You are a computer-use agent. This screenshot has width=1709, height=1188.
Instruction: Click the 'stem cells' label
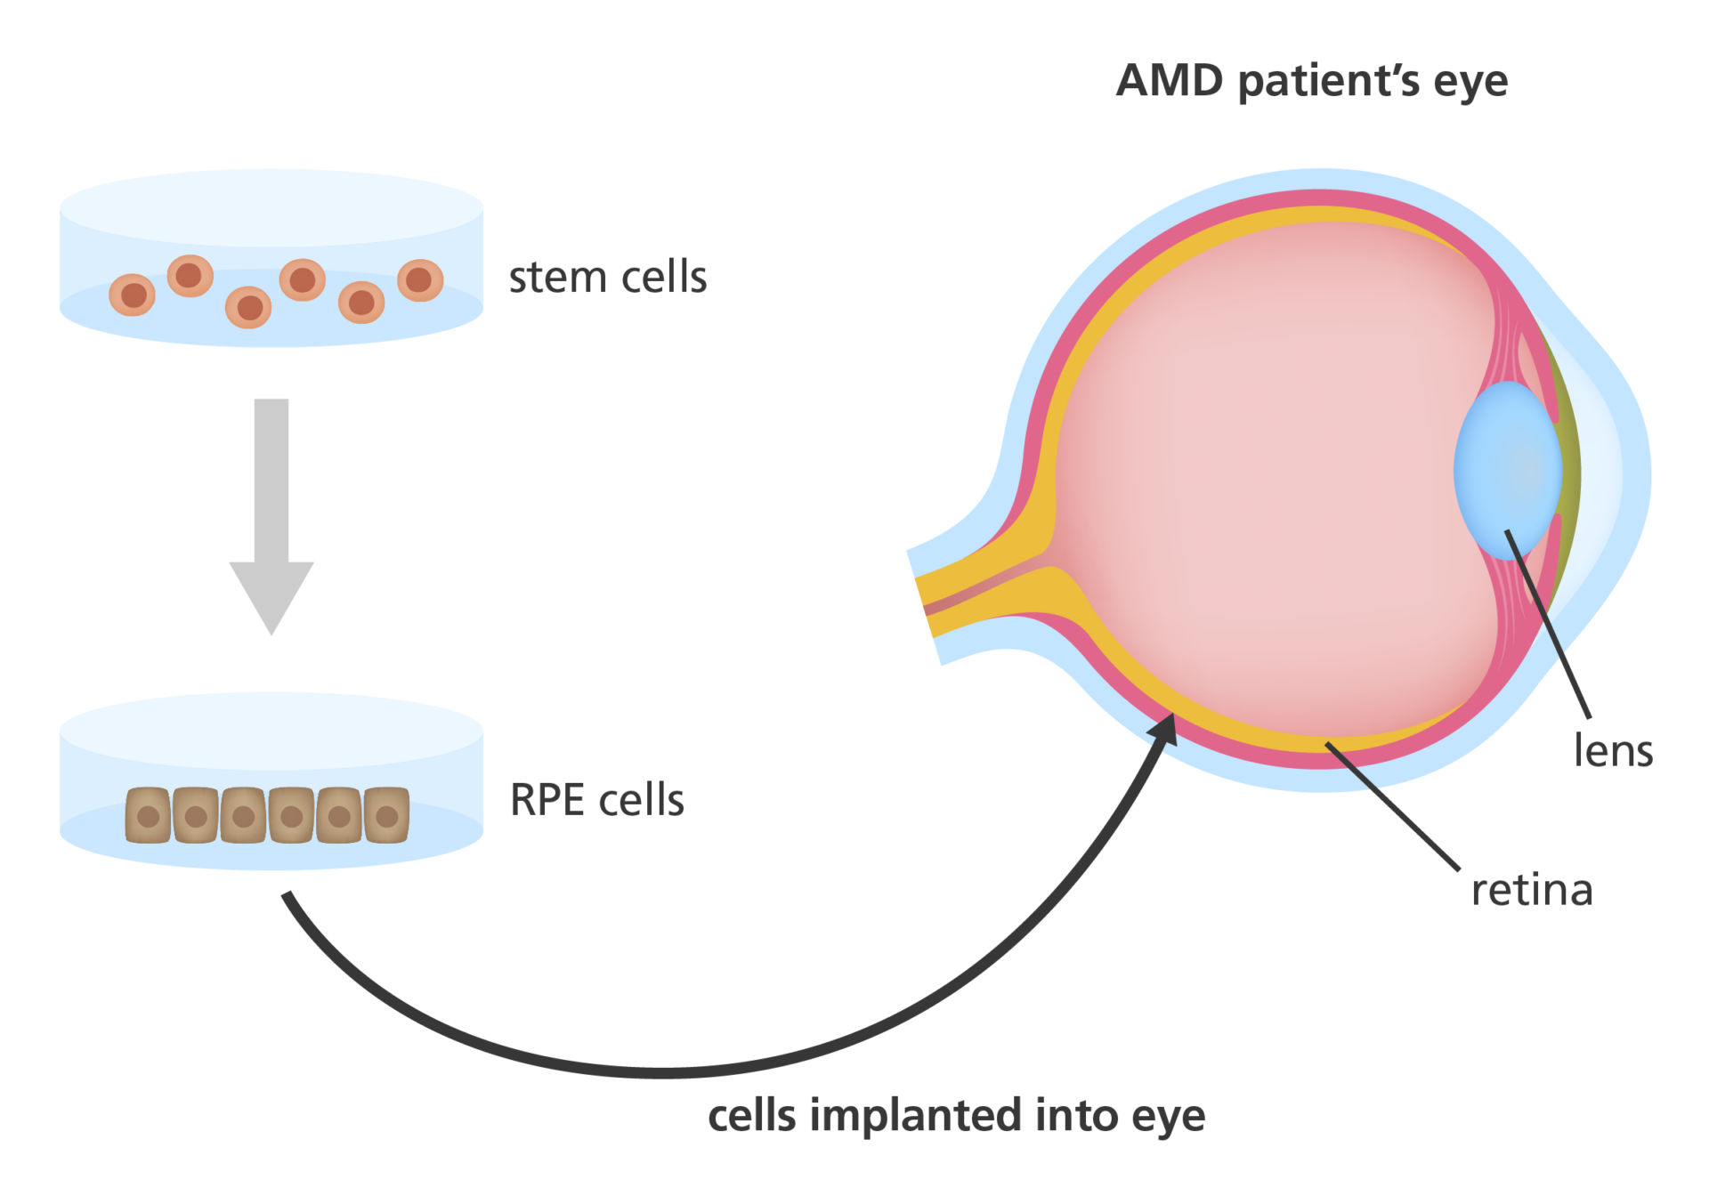[607, 278]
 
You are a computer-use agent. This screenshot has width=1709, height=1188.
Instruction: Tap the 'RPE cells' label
[596, 800]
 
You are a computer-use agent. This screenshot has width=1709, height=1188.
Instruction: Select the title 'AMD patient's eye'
[1311, 82]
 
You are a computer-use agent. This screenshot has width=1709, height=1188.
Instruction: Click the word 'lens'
[1613, 751]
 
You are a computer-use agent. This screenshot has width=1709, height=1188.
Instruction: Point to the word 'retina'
[1531, 890]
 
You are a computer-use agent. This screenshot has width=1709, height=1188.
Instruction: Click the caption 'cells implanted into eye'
[956, 1116]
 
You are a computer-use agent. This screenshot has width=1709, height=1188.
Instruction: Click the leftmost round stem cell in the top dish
[133, 295]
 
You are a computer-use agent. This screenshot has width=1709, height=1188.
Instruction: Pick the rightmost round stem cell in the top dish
[420, 280]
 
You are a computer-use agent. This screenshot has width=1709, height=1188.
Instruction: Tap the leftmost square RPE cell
[148, 815]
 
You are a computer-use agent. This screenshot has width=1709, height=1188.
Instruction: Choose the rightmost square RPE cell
[386, 815]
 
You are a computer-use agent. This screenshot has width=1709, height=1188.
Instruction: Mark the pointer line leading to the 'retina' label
[1393, 806]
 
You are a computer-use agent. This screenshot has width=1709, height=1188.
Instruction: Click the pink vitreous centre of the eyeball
[1264, 481]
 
